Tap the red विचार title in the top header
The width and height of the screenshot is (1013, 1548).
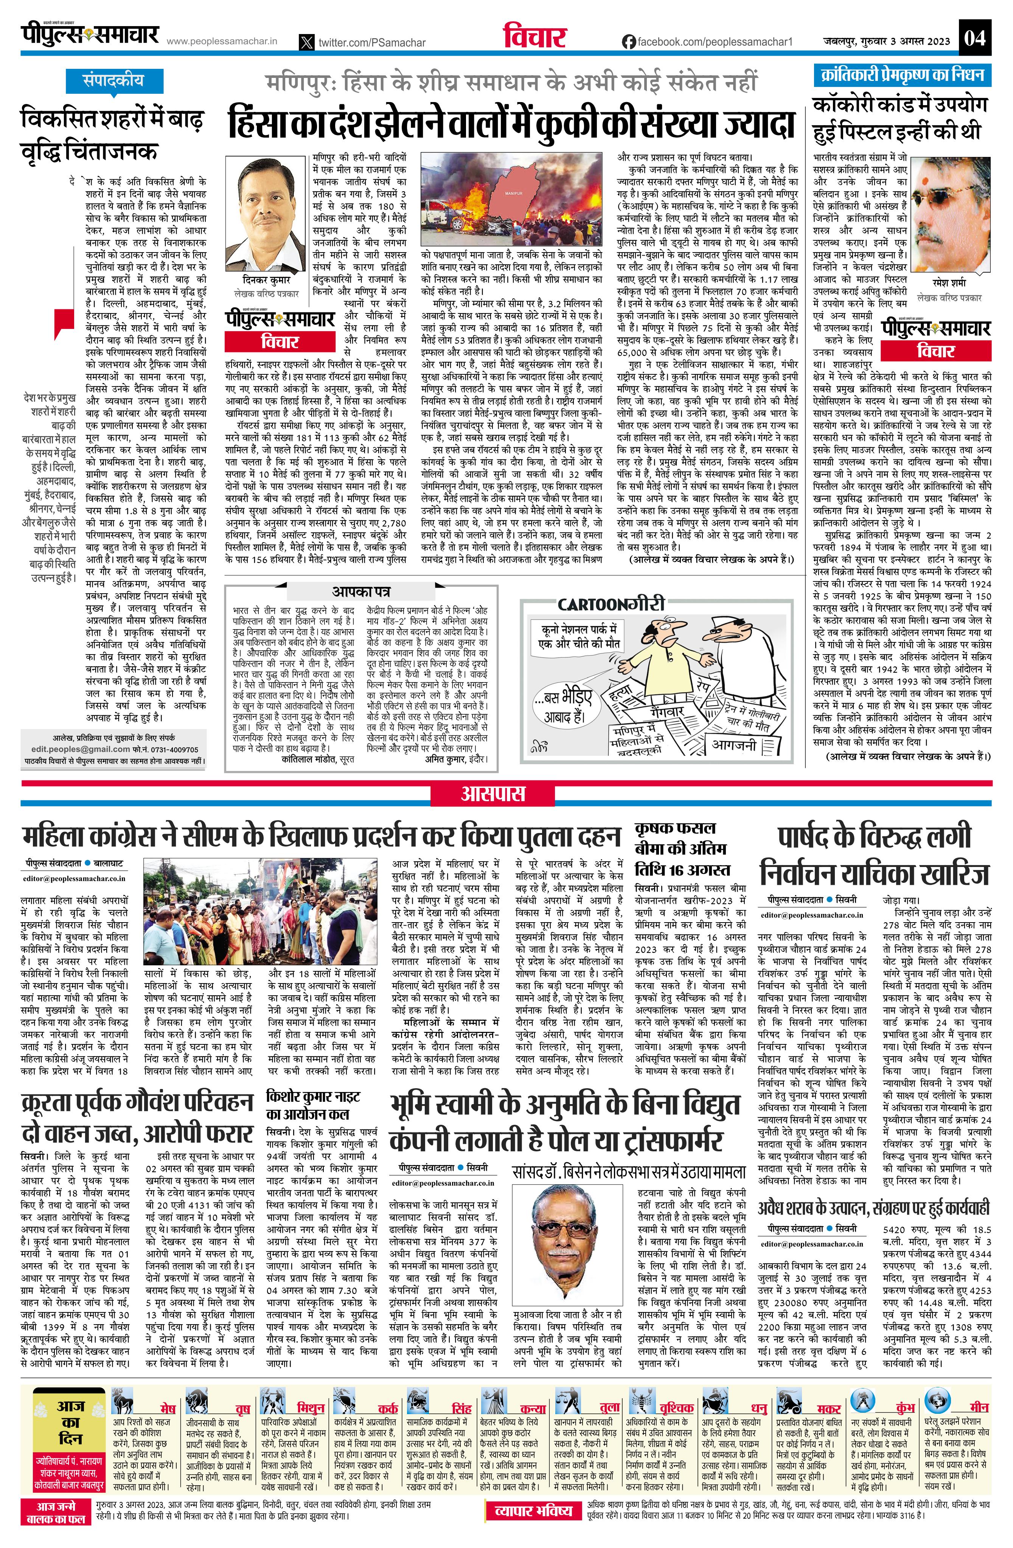535,38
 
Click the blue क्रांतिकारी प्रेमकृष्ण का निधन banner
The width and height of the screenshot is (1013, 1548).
902,75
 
